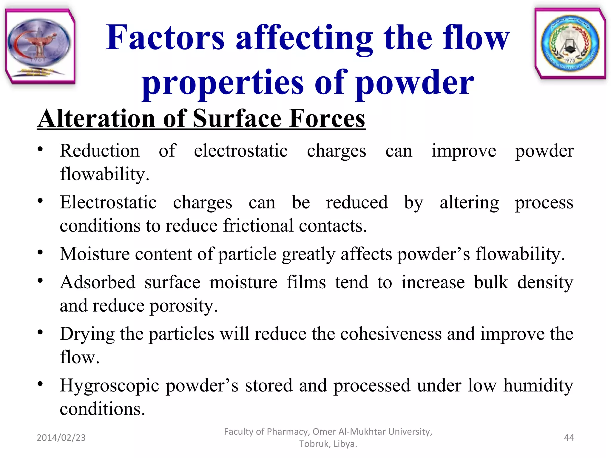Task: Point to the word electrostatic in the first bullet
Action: [x=240, y=151]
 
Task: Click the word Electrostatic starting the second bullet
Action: [x=108, y=202]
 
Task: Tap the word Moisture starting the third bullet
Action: [x=95, y=254]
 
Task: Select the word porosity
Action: [x=183, y=306]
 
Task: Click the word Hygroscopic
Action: [x=109, y=386]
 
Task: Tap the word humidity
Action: [x=538, y=386]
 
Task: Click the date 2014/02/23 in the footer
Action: [x=61, y=437]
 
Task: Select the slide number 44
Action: [x=569, y=437]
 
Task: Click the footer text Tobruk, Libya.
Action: [x=328, y=444]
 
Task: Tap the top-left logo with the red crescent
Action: [x=40, y=46]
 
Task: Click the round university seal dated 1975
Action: [x=570, y=43]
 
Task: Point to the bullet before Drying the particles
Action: [x=40, y=332]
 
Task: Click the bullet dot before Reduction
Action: [x=40, y=149]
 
